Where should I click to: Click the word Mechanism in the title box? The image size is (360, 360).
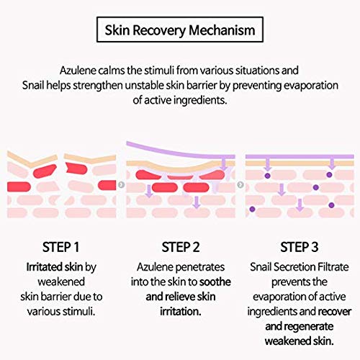point(222,30)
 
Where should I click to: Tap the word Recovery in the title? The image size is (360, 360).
point(159,31)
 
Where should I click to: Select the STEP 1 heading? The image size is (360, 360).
point(60,247)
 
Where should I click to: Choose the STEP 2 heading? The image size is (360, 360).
point(181,247)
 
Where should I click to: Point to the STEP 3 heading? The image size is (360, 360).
point(300,247)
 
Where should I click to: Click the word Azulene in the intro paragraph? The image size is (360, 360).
point(78,71)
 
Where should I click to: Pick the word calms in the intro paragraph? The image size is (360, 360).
point(112,71)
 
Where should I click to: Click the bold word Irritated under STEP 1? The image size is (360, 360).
point(42,267)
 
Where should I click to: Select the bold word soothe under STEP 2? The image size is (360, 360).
point(215,282)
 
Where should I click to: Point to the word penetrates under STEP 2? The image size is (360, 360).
point(203,267)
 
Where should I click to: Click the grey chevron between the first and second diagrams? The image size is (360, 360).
point(122,184)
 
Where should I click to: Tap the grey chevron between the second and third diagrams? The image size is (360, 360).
point(240,184)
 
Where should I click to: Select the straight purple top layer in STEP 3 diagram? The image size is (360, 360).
point(300,156)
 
